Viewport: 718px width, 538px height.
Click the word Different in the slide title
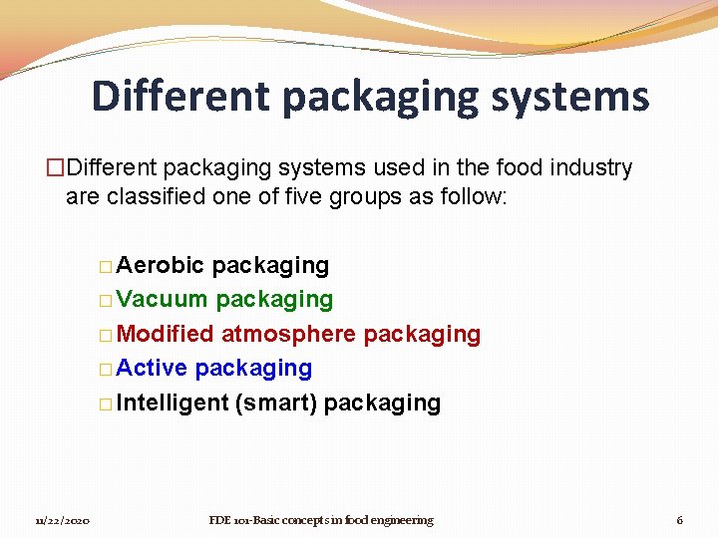pos(180,96)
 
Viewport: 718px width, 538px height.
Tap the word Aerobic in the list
pos(161,265)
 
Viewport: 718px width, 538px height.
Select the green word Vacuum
pos(162,299)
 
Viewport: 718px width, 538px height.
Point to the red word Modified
pos(166,334)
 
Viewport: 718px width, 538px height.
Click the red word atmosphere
pos(288,334)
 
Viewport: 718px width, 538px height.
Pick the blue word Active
pos(152,368)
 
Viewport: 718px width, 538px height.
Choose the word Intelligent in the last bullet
pos(173,403)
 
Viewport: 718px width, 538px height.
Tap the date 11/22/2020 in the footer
pos(62,520)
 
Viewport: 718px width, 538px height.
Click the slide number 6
pos(679,520)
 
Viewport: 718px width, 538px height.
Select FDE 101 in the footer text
pos(232,520)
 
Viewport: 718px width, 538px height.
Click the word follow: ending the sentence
pos(475,196)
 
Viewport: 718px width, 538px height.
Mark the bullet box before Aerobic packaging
pos(106,267)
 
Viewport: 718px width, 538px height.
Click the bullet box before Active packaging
pos(106,370)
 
